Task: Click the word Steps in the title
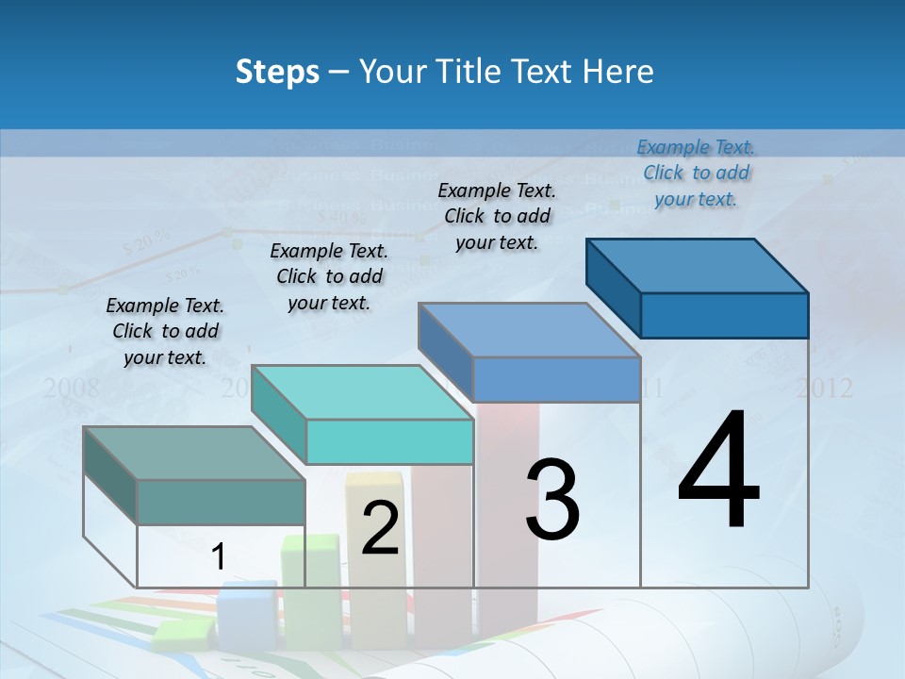[x=277, y=72]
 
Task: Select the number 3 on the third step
[x=551, y=500]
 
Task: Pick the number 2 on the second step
[x=380, y=529]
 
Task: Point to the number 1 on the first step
[x=218, y=557]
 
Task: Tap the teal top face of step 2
[x=362, y=392]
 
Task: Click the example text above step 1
[x=165, y=331]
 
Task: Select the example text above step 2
[x=329, y=276]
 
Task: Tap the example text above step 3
[x=497, y=216]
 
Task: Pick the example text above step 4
[x=696, y=173]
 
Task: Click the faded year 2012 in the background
[x=824, y=388]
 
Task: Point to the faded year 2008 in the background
[x=72, y=388]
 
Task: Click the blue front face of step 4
[x=724, y=315]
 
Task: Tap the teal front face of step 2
[x=389, y=441]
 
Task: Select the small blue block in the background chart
[x=247, y=613]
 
